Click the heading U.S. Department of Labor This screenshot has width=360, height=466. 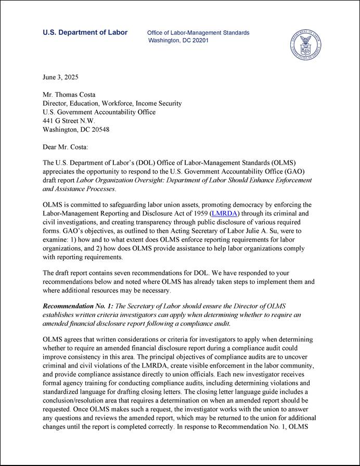(x=85, y=33)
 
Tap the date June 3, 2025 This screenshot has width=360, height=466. (x=60, y=77)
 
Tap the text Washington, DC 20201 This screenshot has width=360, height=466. (x=178, y=41)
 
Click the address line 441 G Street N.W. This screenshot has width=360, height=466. (x=69, y=121)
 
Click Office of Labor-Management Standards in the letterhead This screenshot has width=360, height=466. (x=198, y=33)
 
